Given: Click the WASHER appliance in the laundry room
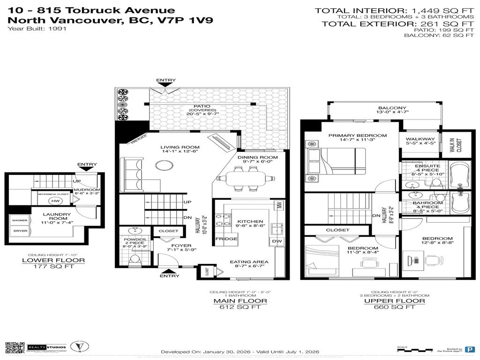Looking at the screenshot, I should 19,220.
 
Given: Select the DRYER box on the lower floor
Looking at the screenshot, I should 19,231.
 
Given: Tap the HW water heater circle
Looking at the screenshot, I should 55,201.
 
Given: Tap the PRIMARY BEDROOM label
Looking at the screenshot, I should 351,135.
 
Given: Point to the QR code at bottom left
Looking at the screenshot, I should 15,347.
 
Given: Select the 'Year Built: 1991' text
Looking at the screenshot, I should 37,29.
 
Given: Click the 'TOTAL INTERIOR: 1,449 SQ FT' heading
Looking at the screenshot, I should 393,10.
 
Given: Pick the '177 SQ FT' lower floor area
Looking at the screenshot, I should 55,267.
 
